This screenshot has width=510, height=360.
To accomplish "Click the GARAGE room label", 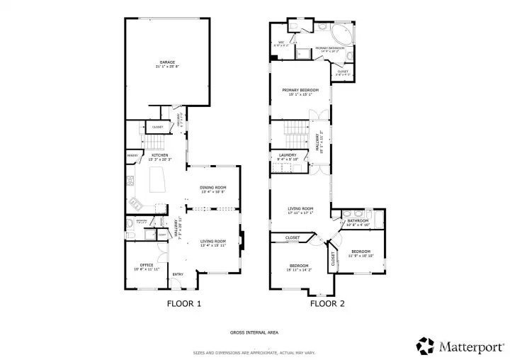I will coord(167,62).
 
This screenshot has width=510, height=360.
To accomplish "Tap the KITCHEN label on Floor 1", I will coord(159,154).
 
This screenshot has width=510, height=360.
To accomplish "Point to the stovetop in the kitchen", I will coord(130,181).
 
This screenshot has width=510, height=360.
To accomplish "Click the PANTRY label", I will coord(132,154).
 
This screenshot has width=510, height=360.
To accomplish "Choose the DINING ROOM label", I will coord(212,188).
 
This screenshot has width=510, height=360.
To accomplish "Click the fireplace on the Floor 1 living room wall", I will coord(242,242).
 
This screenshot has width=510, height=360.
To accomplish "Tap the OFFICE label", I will coord(147,265).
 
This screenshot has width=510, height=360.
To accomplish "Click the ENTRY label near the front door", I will coord(178,274).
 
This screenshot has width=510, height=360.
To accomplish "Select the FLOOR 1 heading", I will coord(184,304).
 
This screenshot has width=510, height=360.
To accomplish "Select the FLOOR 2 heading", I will coord(327,304).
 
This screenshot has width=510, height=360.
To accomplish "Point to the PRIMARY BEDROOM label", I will coord(300,90).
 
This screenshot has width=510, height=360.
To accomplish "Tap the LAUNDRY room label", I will coord(287,154).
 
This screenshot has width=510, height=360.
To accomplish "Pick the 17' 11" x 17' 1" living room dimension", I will coord(300,213).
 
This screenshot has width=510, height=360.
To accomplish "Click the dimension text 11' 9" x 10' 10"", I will coord(361,256).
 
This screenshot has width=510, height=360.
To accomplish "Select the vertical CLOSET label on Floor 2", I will coord(333,259).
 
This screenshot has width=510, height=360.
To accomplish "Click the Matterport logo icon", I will coord(425,345).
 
